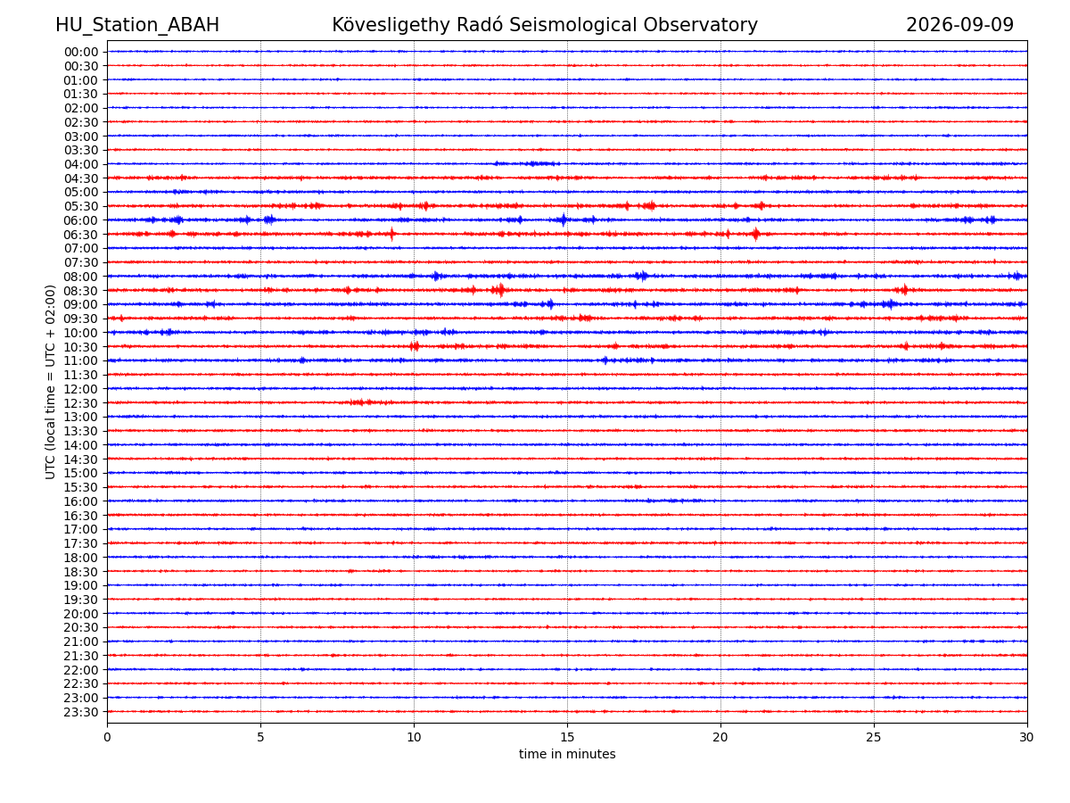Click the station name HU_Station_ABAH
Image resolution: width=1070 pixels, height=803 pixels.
click(x=137, y=25)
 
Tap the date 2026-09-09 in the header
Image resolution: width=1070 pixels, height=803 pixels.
click(x=959, y=25)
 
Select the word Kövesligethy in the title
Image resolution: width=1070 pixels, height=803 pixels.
click(x=391, y=25)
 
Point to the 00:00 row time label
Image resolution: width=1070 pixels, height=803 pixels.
click(x=81, y=52)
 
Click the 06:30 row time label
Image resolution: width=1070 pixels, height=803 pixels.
click(x=81, y=235)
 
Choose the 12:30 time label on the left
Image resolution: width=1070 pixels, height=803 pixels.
click(x=81, y=403)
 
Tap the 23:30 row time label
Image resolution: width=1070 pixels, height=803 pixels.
click(x=81, y=712)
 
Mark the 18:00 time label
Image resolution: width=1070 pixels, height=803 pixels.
click(x=81, y=558)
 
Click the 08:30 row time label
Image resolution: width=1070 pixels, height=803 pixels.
click(x=81, y=291)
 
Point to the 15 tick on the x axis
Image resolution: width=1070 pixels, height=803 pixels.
click(x=567, y=737)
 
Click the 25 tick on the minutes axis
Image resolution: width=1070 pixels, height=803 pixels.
click(x=874, y=737)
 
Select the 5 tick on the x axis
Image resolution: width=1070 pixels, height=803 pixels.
click(x=260, y=737)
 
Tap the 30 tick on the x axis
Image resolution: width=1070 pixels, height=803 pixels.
click(x=1026, y=737)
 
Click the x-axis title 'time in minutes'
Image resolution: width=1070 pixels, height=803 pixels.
click(x=567, y=754)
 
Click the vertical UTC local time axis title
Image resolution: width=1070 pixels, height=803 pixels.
click(x=50, y=382)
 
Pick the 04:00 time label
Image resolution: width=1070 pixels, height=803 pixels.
click(x=81, y=164)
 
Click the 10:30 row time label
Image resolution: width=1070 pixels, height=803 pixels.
click(x=81, y=347)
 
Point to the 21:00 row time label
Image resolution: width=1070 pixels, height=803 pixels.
click(x=81, y=642)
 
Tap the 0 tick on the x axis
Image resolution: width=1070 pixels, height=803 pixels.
click(x=107, y=737)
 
